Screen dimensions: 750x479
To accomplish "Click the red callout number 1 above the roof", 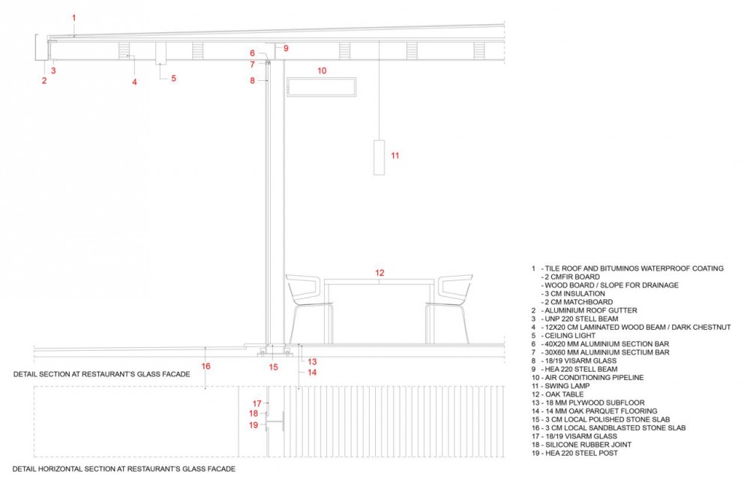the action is [74, 18].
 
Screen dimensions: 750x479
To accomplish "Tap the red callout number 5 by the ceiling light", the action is [174, 78].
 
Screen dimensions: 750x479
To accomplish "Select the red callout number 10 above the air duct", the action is [322, 70].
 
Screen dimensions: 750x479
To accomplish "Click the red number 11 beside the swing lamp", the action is [394, 155].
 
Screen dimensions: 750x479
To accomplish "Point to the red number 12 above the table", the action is [379, 273].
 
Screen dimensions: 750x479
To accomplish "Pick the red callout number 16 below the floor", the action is [205, 366].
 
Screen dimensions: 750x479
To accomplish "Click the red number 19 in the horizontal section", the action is [253, 425].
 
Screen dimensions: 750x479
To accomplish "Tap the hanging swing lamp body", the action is [379, 157].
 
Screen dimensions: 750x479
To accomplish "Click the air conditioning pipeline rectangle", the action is [322, 87].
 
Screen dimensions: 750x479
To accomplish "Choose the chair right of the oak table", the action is [448, 308].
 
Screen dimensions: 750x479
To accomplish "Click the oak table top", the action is [379, 282].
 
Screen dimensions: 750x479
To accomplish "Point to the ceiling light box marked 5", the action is [160, 53].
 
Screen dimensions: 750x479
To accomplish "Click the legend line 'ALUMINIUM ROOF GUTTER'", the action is [591, 311].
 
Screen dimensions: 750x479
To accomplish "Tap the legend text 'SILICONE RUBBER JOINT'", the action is [588, 445].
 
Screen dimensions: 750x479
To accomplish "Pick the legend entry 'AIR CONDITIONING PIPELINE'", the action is [594, 378].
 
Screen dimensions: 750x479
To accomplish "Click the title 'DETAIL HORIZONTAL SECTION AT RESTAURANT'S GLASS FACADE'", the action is [124, 469].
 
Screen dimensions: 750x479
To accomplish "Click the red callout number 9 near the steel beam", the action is [286, 48].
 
